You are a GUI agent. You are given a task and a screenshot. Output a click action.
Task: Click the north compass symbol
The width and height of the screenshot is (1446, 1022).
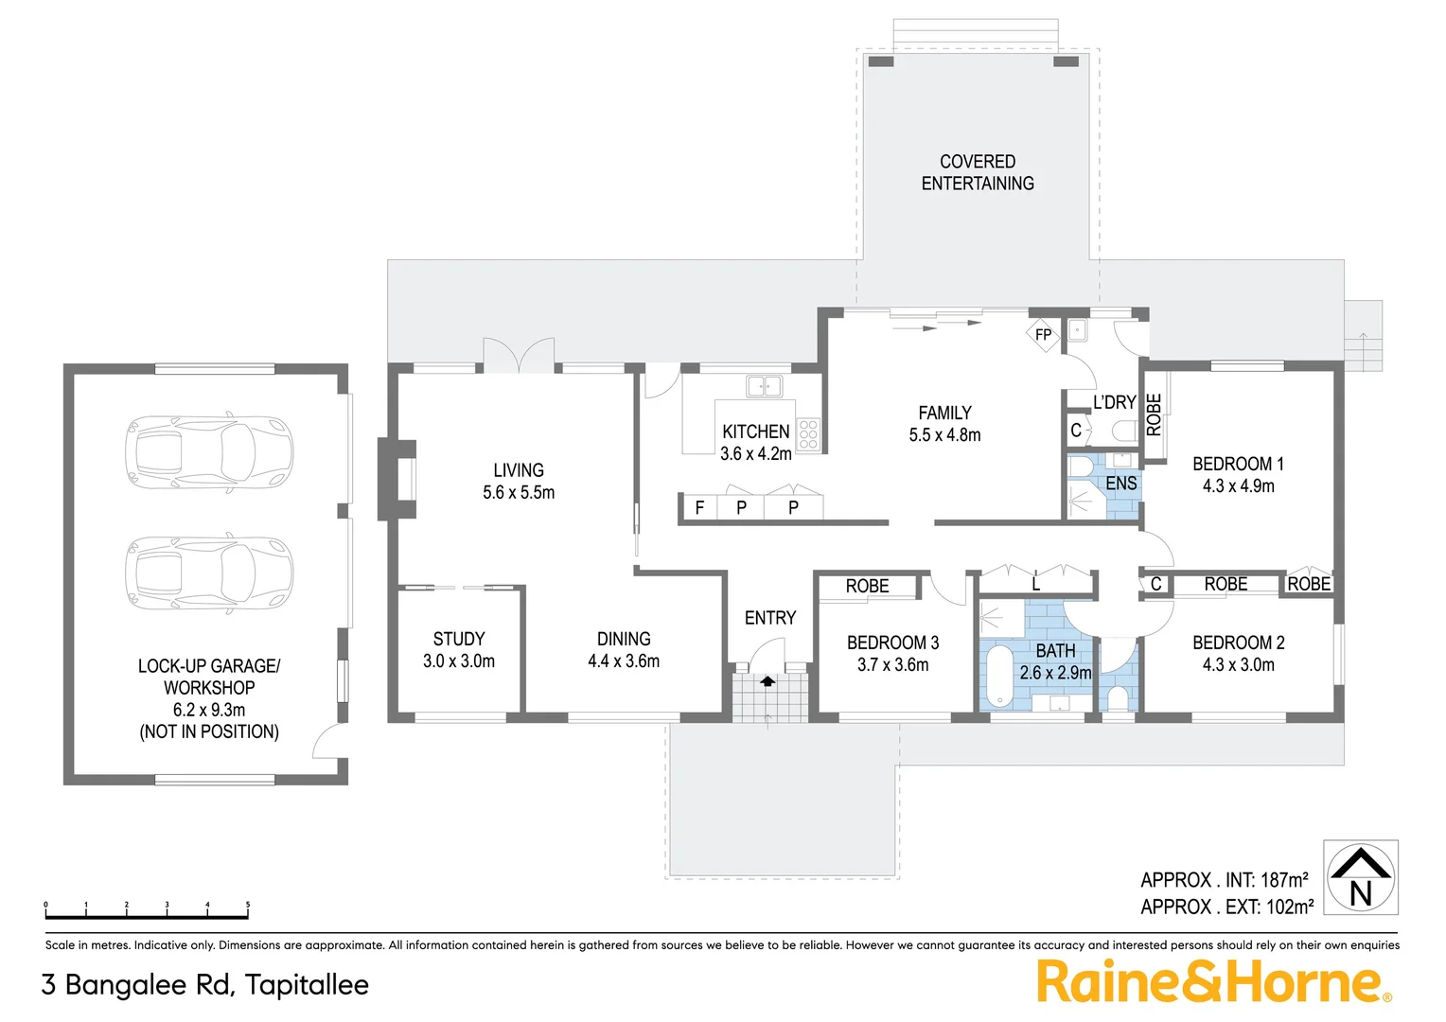1360,877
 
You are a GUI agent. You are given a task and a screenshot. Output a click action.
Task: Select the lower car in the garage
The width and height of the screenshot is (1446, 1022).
210,573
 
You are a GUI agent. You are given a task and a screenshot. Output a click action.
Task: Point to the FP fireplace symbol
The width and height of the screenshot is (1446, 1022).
1043,335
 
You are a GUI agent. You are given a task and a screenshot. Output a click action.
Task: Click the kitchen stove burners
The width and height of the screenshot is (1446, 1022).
807,434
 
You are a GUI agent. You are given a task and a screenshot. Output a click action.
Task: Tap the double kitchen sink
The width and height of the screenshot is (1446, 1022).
764,386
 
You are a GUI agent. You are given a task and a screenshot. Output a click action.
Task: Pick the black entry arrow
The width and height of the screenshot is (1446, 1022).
767,680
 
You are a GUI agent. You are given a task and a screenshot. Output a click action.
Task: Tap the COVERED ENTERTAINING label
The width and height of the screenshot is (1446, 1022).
978,172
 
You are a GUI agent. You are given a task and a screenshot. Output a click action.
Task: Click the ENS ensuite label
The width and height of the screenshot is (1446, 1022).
1120,484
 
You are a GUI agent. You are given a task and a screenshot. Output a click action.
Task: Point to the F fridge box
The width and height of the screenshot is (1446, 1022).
699,508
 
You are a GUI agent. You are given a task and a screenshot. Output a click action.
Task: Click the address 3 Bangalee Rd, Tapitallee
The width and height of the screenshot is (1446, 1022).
205,985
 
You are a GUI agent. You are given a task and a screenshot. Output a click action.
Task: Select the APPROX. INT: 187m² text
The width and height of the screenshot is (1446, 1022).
1225,880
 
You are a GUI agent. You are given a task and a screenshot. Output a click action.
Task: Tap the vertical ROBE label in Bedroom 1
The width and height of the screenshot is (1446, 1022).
1154,414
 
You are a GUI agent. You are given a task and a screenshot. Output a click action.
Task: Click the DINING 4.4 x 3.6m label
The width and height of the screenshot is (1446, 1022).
624,650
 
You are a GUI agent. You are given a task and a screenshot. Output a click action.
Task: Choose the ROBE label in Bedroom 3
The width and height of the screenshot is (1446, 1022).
867,587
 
